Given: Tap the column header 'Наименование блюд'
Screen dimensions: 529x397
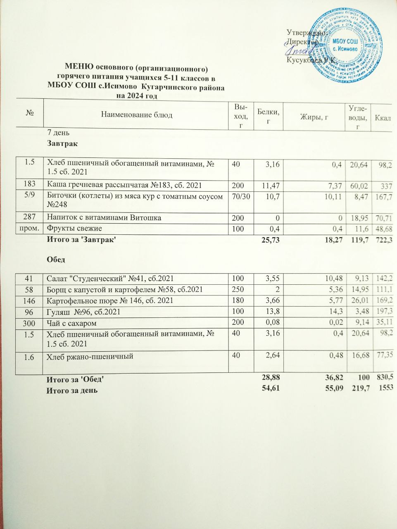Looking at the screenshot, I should click(x=137, y=115).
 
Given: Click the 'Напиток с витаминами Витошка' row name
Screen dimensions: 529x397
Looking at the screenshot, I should click(x=103, y=217).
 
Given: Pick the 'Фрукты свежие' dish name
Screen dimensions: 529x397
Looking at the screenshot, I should click(x=74, y=228).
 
